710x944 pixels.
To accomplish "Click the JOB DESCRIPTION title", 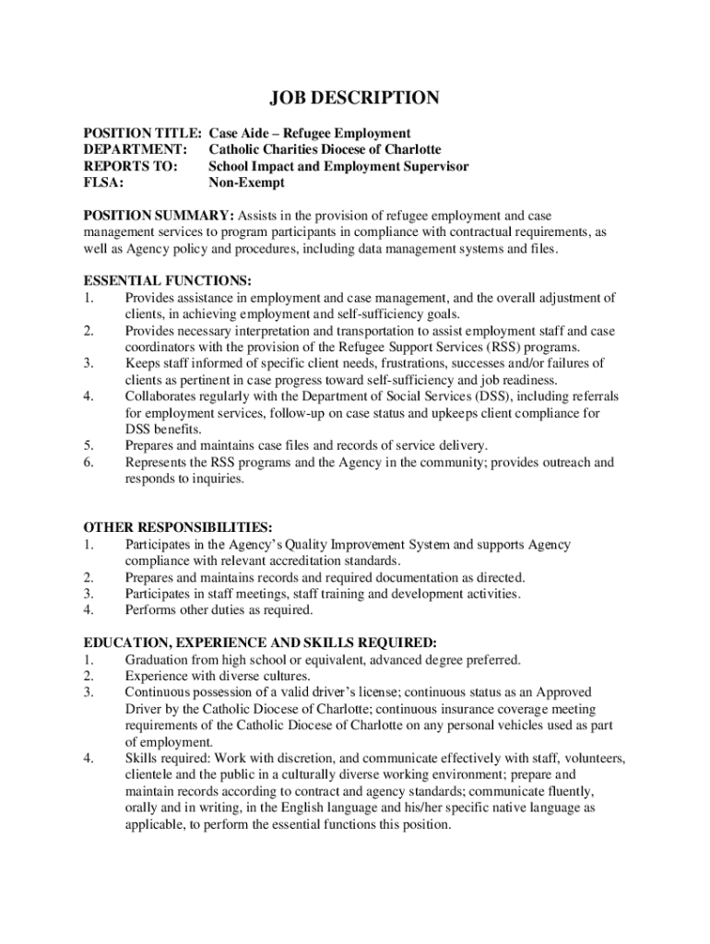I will click(x=354, y=98).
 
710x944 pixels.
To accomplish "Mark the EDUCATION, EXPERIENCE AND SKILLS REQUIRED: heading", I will click(x=260, y=643).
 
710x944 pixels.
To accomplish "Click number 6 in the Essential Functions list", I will click(x=89, y=463).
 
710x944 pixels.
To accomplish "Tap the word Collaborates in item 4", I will click(x=161, y=396).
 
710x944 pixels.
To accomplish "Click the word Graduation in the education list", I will click(x=159, y=660).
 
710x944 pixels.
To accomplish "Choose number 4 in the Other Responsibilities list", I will click(x=89, y=610).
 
